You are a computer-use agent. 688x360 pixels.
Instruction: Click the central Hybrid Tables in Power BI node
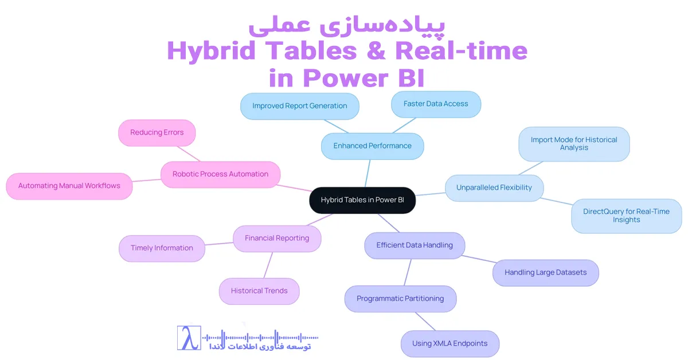click(362, 200)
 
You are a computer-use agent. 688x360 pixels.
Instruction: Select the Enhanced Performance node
click(372, 146)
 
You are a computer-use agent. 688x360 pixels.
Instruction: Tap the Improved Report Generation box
click(299, 106)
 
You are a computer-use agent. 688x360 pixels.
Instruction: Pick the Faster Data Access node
click(436, 104)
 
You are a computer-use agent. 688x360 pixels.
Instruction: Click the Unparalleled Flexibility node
click(494, 188)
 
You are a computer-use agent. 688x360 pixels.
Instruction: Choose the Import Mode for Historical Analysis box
click(574, 144)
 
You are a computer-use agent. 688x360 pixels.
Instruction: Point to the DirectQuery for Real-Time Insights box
click(626, 216)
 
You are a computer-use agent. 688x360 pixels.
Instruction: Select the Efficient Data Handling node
click(415, 245)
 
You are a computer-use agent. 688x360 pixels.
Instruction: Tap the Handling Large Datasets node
click(545, 273)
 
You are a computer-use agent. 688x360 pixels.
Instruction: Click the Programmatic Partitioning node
click(400, 299)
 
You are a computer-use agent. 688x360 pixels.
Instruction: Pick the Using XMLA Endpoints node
click(449, 344)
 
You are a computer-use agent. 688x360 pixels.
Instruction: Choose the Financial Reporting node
click(277, 238)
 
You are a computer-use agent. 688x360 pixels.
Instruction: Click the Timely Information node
click(162, 248)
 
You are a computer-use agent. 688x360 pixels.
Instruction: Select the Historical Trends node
click(259, 291)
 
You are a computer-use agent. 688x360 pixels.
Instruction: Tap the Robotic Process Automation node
click(220, 174)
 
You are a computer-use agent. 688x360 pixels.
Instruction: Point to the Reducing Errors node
click(157, 132)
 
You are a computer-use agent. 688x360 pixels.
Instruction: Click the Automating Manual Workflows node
click(69, 186)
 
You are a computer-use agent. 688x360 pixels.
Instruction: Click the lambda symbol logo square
click(189, 338)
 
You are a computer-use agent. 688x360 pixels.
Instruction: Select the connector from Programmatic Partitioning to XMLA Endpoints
click(425, 321)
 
